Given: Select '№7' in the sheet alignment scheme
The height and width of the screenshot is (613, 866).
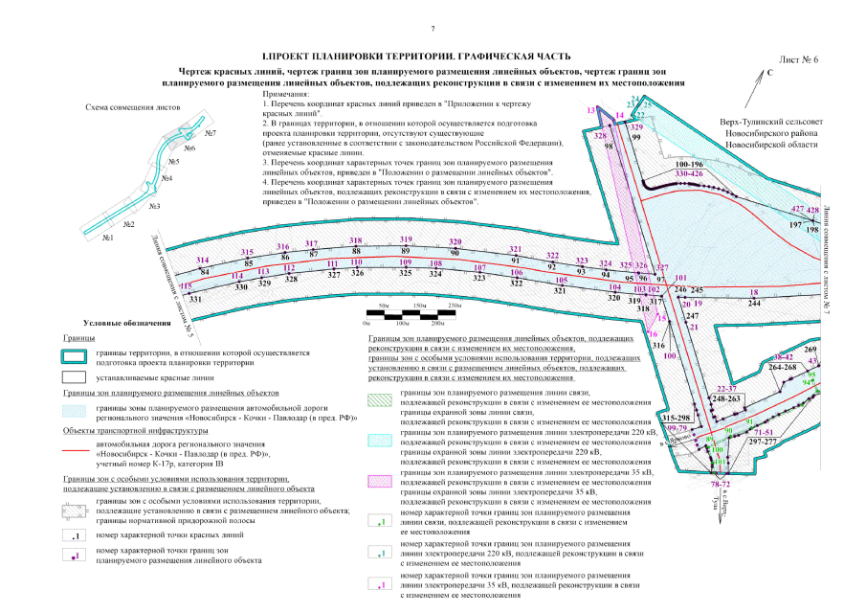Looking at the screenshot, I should coord(210,133).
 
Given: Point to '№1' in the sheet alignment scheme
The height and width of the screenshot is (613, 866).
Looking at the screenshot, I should coord(108,237).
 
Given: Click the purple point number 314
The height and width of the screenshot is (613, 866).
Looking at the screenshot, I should coord(202,261).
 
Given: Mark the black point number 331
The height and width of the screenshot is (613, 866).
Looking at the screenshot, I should coord(196,300).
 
